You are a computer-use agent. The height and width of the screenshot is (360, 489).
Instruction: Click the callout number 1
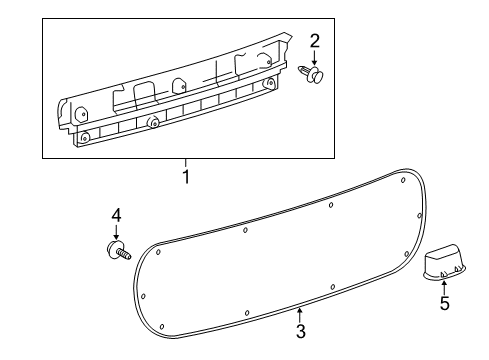[185, 177]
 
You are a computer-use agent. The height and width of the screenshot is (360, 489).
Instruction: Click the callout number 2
[314, 41]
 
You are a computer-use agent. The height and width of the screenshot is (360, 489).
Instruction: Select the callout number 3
[299, 330]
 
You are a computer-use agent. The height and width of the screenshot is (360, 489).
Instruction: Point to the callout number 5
[444, 301]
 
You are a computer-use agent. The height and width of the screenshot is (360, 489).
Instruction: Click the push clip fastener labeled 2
[311, 74]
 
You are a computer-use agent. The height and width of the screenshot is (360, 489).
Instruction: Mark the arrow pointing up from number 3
[299, 313]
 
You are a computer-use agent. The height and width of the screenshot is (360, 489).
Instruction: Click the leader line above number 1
[185, 164]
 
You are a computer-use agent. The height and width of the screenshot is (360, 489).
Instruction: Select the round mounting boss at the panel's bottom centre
[155, 123]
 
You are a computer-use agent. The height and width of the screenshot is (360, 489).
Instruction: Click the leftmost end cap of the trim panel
[65, 109]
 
